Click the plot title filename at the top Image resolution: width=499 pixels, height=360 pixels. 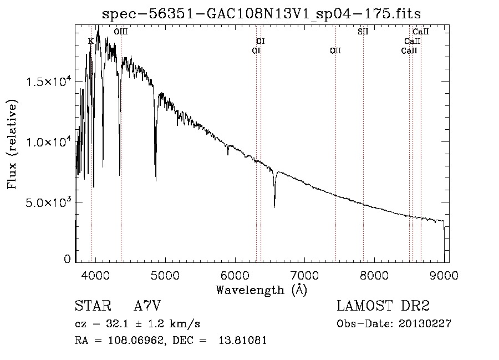[x=261, y=14]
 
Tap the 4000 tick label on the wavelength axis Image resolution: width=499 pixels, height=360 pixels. [x=95, y=275]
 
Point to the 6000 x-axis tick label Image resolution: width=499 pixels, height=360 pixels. [x=235, y=275]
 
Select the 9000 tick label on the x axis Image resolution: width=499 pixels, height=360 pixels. [x=444, y=275]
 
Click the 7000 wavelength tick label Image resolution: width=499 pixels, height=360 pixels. [x=304, y=275]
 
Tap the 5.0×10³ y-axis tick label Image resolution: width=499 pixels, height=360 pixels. [x=48, y=201]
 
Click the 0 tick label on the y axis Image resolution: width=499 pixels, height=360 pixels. [x=67, y=259]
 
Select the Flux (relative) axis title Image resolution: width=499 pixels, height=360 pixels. [x=12, y=144]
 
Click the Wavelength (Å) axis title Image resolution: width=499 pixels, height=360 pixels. [x=262, y=290]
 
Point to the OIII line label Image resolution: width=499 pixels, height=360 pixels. [x=121, y=31]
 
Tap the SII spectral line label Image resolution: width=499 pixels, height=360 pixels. [x=363, y=31]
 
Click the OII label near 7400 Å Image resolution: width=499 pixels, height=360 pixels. [x=335, y=50]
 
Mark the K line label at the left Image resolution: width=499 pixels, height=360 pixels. [x=91, y=41]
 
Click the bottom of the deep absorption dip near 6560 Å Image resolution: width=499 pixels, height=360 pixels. [x=274, y=207]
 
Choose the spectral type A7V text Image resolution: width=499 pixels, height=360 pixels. [x=147, y=306]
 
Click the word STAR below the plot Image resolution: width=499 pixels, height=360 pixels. [x=93, y=306]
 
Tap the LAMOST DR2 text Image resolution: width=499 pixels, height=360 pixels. [x=383, y=306]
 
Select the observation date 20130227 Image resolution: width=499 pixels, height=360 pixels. [x=425, y=323]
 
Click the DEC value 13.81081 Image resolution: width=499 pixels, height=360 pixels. [x=242, y=340]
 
